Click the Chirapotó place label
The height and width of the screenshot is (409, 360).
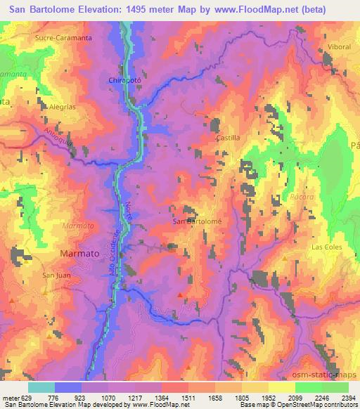tap(125, 81)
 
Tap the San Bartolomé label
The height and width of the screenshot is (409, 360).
tap(197, 221)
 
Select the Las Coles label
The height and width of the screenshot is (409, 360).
tap(326, 247)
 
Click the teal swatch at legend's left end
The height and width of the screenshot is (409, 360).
tap(41, 387)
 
